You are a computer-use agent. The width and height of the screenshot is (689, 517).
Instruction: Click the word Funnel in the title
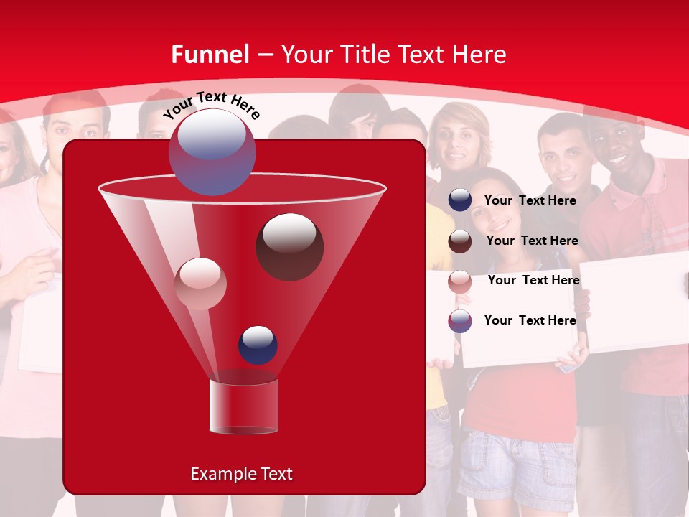click(x=210, y=55)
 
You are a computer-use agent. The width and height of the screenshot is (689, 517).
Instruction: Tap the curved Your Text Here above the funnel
click(x=212, y=105)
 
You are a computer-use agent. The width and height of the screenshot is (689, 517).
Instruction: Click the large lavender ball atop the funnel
click(x=212, y=152)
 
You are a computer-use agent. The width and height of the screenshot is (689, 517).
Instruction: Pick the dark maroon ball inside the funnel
click(x=289, y=246)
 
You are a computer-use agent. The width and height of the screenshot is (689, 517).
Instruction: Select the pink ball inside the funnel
click(x=201, y=283)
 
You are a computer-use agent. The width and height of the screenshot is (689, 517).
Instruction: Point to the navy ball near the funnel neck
click(x=258, y=345)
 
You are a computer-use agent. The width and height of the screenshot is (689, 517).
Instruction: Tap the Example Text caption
click(x=241, y=474)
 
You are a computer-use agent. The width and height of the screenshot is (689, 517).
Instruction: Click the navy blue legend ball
click(x=460, y=200)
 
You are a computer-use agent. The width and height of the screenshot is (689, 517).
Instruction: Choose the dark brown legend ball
click(x=460, y=241)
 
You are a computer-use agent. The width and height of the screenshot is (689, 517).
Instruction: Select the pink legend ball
click(x=460, y=281)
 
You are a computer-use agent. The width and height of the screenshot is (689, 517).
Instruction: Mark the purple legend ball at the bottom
click(x=460, y=321)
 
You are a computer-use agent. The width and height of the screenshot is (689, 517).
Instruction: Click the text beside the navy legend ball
click(x=530, y=200)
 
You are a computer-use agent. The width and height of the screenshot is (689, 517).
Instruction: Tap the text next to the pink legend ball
click(x=533, y=280)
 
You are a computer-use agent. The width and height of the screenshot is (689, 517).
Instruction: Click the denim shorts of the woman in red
click(x=513, y=460)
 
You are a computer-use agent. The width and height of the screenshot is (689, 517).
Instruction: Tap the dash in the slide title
click(x=265, y=55)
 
